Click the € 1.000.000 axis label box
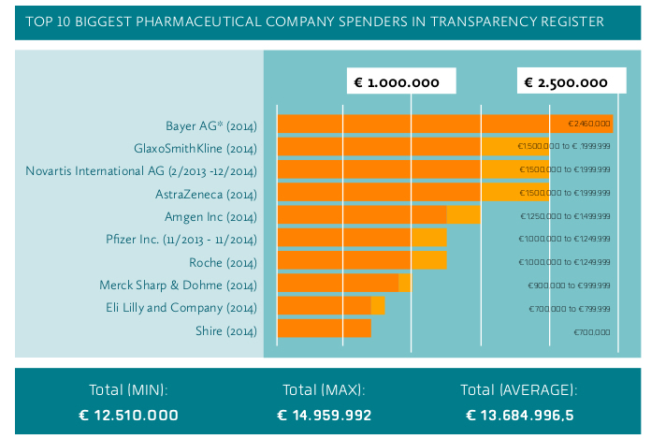pyautogui.click(x=399, y=82)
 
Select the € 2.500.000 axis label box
pyautogui.click(x=568, y=82)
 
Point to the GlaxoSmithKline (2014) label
pyautogui.click(x=195, y=148)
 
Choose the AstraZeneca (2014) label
pyautogui.click(x=206, y=194)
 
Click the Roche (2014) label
pyautogui.click(x=223, y=262)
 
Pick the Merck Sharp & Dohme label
pyautogui.click(x=178, y=285)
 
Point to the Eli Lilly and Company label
pyautogui.click(x=181, y=307)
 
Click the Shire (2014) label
pyautogui.click(x=225, y=330)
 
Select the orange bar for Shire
pyautogui.click(x=325, y=329)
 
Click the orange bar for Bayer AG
pyautogui.click(x=421, y=124)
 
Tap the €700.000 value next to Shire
pyautogui.click(x=591, y=331)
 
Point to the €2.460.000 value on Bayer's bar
pyautogui.click(x=589, y=124)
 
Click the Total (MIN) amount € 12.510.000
pyautogui.click(x=128, y=415)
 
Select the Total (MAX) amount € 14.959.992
pyautogui.click(x=325, y=415)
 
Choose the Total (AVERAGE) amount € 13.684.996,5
pyautogui.click(x=519, y=415)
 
